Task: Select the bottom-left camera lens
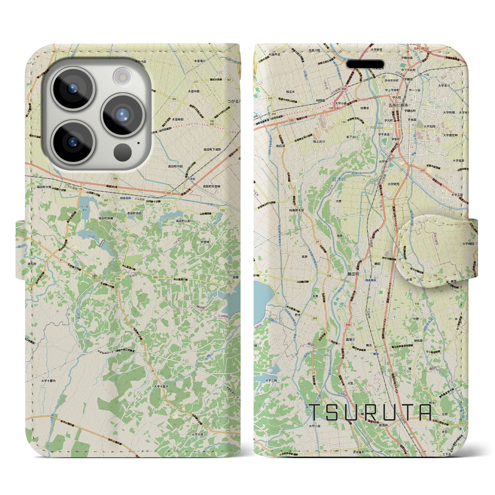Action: click(x=72, y=142)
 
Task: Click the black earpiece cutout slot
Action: click(x=367, y=64)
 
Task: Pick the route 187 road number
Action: click(x=229, y=80)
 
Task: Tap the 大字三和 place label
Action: click(x=271, y=380)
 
